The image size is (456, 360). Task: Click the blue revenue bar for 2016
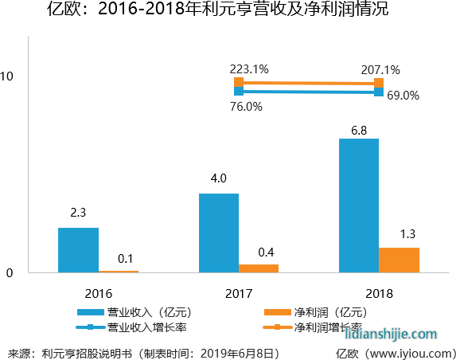point(78,250)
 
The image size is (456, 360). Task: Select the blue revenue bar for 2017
point(219,233)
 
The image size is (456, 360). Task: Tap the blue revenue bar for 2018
point(359,205)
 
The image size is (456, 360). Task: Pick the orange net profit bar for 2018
point(399,260)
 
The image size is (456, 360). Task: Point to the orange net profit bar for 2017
point(259,268)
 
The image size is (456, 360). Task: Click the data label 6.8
point(359,128)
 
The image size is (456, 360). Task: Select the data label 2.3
point(78,214)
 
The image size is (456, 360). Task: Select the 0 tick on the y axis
point(10,273)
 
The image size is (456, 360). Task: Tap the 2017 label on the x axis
point(239,292)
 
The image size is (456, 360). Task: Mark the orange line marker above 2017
point(239,82)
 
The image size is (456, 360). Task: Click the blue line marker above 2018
point(379,92)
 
